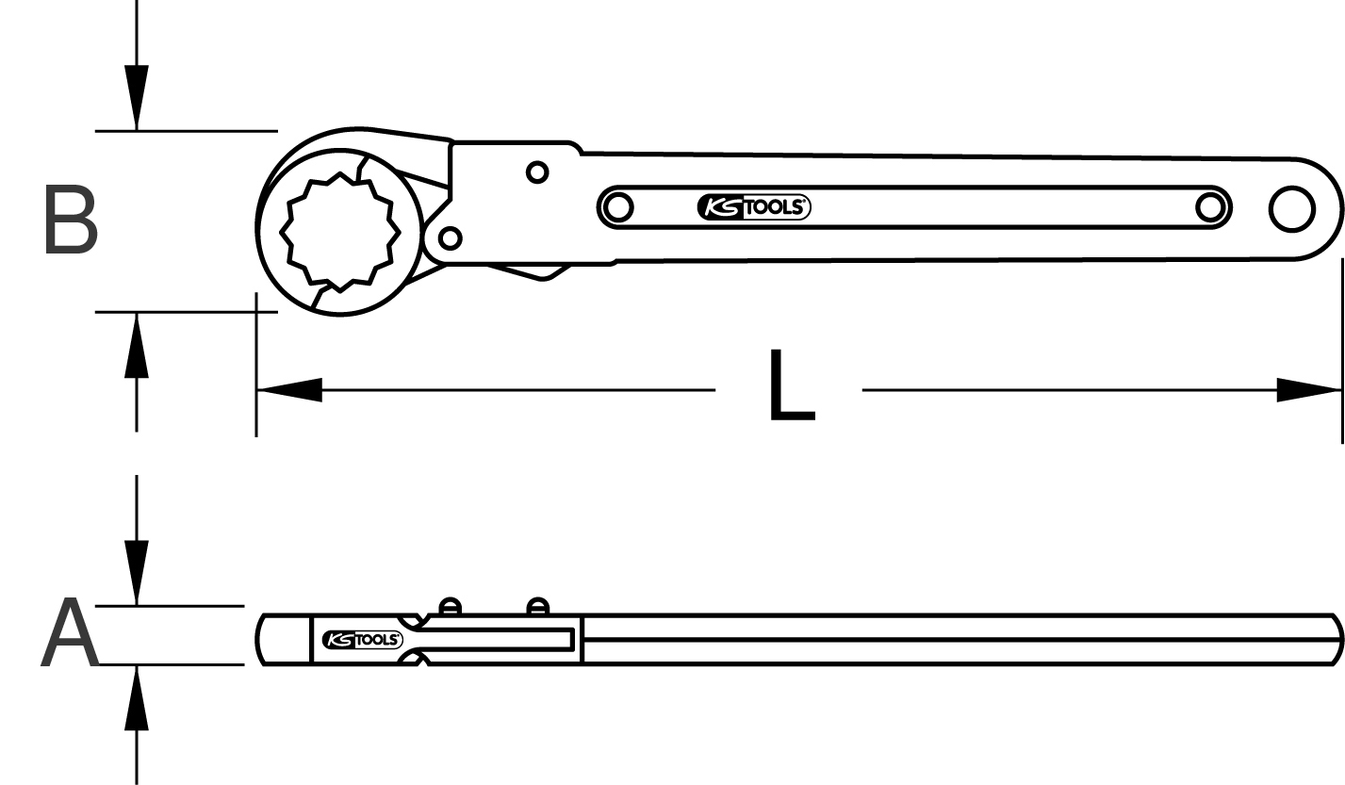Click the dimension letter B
[x=71, y=220]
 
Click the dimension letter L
[x=792, y=384]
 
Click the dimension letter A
[x=70, y=632]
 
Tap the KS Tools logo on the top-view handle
[x=754, y=207]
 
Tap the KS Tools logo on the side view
[x=362, y=640]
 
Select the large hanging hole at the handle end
[x=1292, y=209]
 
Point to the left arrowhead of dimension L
[x=289, y=390]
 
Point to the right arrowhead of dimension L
[x=1309, y=390]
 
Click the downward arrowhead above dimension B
[x=137, y=98]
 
